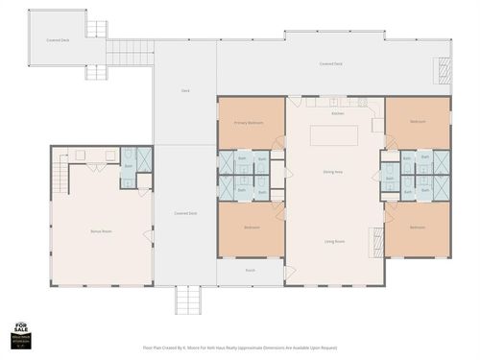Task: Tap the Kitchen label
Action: pos(337,114)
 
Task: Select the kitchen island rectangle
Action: pos(336,134)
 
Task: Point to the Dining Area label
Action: pos(334,172)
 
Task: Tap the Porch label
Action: pos(250,272)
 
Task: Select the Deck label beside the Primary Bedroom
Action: pos(185,92)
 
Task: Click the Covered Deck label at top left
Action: pos(57,40)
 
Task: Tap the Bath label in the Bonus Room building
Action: pos(129,165)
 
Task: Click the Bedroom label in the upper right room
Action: pos(418,123)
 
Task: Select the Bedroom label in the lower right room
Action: pos(417,228)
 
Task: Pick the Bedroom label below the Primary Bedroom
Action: pos(251,228)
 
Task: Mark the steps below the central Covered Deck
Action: pos(187,301)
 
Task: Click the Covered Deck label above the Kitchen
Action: pos(331,64)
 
